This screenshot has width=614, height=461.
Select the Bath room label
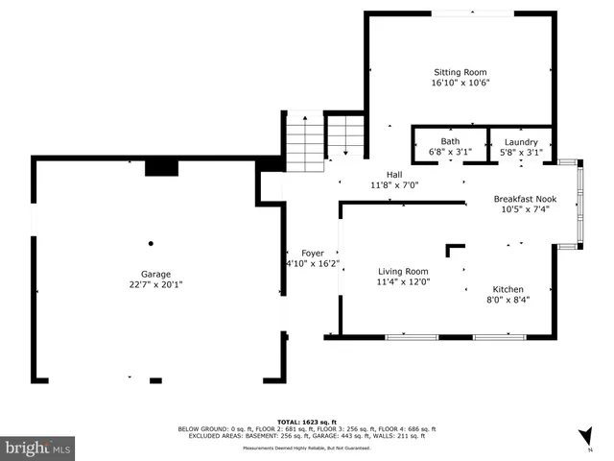[x=449, y=142]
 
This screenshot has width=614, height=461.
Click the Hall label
[x=393, y=174]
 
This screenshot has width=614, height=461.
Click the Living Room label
[x=402, y=272]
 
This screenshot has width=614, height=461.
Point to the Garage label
[x=155, y=274]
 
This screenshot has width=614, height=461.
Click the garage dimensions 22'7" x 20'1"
[x=155, y=284]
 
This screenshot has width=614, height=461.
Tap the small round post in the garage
[x=151, y=244]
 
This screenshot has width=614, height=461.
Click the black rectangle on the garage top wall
[x=161, y=168]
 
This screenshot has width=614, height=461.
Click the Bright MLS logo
[x=37, y=448]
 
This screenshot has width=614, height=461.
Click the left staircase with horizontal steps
[x=304, y=143]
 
